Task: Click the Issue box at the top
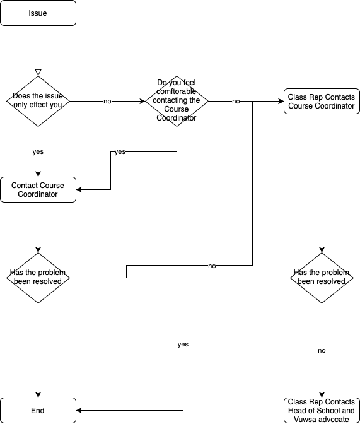pos(38,13)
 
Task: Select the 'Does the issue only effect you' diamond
pos(38,101)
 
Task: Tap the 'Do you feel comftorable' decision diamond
pos(177,101)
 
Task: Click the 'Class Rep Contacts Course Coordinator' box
pos(322,101)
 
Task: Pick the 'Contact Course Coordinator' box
pos(38,189)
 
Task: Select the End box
pos(38,410)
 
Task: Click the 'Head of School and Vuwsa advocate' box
pos(322,410)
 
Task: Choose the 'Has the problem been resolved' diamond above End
pos(38,278)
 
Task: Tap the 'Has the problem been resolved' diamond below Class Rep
pos(322,278)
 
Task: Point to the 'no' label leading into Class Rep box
pos(236,101)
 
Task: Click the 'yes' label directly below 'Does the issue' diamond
pos(38,152)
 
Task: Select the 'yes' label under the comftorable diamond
pos(119,152)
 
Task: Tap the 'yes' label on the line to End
pos(183,344)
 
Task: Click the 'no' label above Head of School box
pos(322,350)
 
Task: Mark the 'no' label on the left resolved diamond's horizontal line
pos(212,266)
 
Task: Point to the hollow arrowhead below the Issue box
pos(38,72)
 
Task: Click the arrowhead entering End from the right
pos(80,410)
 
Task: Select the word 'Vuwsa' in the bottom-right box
pos(300,419)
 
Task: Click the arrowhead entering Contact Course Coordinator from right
pos(80,189)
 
